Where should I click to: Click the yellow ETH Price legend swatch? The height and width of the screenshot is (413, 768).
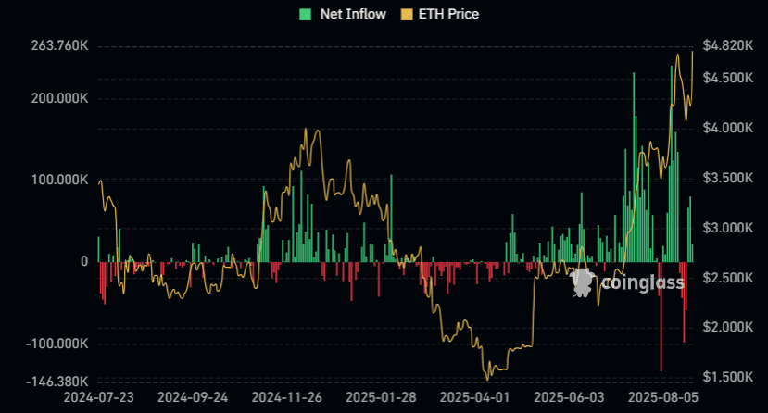(406, 14)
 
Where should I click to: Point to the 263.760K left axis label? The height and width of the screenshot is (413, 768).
(59, 46)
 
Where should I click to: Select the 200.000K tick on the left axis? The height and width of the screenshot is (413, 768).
(59, 98)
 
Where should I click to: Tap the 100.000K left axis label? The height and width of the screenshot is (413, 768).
(59, 180)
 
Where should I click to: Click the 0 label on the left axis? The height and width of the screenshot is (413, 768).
(83, 262)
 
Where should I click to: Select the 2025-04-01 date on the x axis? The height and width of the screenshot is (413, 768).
(473, 397)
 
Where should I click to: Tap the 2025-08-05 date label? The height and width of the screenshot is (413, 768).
(661, 397)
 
